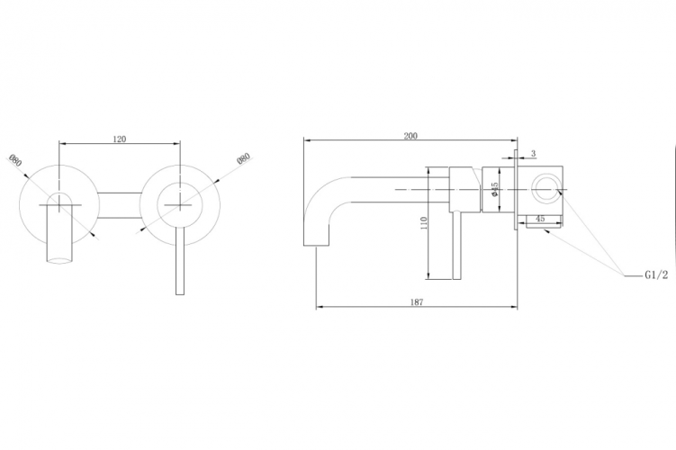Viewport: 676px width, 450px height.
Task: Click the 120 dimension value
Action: click(x=119, y=139)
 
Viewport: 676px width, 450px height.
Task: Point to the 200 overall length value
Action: click(x=410, y=136)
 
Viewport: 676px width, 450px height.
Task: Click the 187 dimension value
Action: click(x=415, y=302)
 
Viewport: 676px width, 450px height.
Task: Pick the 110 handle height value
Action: click(x=424, y=223)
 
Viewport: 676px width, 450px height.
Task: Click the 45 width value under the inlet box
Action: click(x=540, y=219)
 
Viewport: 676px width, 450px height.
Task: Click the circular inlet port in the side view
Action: click(x=545, y=190)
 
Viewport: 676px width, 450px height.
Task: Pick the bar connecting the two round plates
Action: click(x=119, y=205)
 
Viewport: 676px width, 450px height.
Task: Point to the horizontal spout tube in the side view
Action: click(x=387, y=190)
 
